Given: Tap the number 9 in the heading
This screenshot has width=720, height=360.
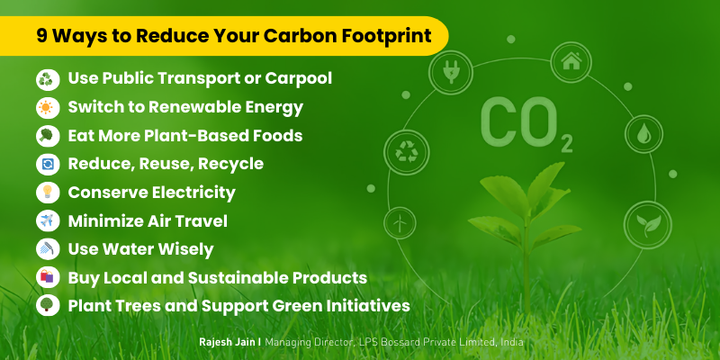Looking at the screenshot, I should coord(42,37).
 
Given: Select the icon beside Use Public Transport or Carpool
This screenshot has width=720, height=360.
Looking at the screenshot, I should coord(47,79).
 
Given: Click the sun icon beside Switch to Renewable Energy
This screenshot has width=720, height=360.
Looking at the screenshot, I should coord(47,108).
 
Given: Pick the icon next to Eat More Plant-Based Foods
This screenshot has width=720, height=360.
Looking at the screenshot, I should coord(47,136).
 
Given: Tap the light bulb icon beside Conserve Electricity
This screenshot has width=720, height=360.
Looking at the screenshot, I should coord(47,193).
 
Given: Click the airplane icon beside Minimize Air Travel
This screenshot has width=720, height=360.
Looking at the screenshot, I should coord(47,220).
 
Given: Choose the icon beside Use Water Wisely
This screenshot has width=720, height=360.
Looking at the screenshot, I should coord(47,249).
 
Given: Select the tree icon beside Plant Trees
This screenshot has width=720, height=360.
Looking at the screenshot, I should coord(47,305).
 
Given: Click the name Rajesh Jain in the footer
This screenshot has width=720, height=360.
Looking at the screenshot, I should coord(230,343).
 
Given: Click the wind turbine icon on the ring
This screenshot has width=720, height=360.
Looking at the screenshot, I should coord(397,221).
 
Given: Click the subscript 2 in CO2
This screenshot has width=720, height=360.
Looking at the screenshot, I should coord(565,144).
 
